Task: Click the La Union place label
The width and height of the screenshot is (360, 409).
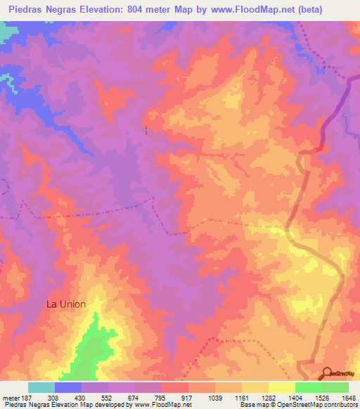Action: coord(66,304)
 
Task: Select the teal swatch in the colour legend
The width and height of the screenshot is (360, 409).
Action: coord(41,387)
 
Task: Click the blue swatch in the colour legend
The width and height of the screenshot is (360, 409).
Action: coord(68,387)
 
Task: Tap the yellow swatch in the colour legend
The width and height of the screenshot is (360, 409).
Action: coord(281,387)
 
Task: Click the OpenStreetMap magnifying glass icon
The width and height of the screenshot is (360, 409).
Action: coord(327,373)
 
